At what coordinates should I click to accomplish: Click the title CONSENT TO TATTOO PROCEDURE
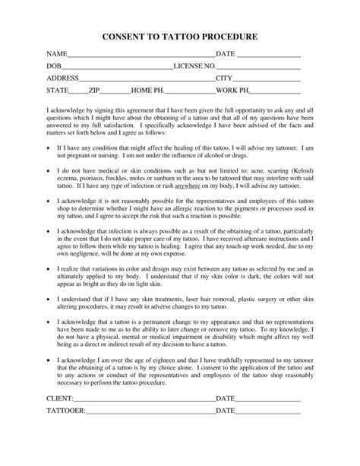click(x=179, y=36)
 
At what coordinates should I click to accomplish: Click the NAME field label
click(x=56, y=54)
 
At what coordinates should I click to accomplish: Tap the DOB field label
click(x=54, y=66)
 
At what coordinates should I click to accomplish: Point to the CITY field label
click(x=224, y=78)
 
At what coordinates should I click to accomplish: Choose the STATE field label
click(x=58, y=90)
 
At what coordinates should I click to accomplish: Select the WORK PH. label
click(x=233, y=90)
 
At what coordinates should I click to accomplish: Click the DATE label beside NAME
click(x=226, y=54)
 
